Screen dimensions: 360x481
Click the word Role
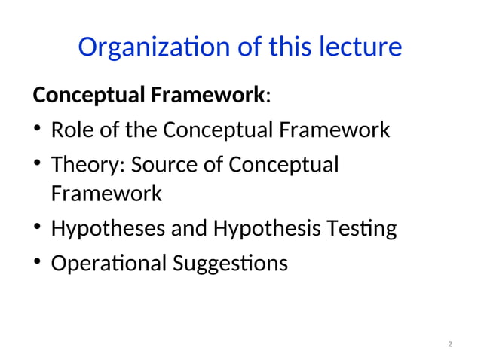[x=69, y=130]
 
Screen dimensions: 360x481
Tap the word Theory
[x=81, y=164]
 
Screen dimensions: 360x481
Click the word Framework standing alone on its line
[x=106, y=194]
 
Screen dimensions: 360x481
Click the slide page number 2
[x=450, y=345]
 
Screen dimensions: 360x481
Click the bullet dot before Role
[x=38, y=131]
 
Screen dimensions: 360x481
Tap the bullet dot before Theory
[x=38, y=165]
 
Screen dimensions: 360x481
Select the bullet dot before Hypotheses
[x=38, y=228]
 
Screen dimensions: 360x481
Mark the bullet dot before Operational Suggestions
[x=38, y=263]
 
